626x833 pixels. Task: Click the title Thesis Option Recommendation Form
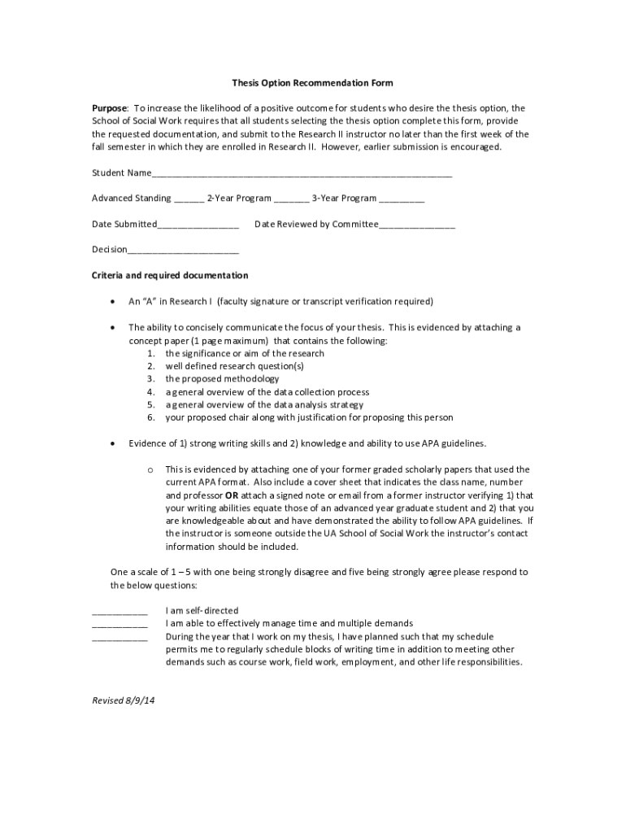312,83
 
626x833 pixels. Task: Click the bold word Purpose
109,108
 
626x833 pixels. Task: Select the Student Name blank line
302,174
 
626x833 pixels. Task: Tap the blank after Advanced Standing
189,199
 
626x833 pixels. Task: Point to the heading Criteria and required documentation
170,276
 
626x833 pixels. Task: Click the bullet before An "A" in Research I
112,302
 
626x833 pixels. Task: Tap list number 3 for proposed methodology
151,379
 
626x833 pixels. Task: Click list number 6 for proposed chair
151,418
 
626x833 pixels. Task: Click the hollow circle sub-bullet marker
150,470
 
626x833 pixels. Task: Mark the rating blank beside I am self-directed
120,612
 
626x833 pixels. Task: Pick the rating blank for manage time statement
120,625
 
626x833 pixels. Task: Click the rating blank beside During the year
120,638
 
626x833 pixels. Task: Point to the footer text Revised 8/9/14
123,700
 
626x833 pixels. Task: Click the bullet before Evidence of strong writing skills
112,443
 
